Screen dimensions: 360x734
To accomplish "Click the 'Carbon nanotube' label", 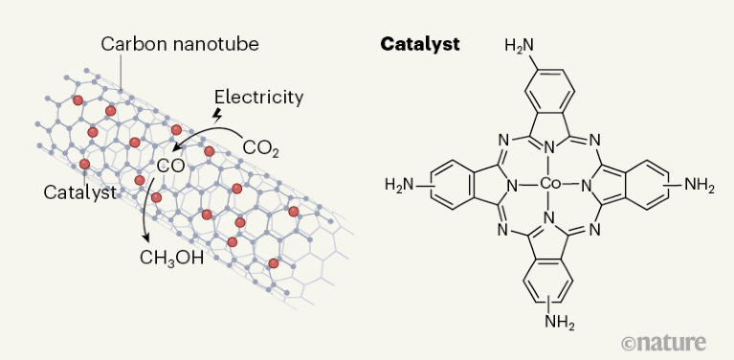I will coord(180,44).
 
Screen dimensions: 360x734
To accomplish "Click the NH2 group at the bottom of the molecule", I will coord(560,323).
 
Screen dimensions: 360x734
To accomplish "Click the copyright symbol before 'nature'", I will coord(629,342).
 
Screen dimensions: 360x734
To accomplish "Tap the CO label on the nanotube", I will coord(169,166).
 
